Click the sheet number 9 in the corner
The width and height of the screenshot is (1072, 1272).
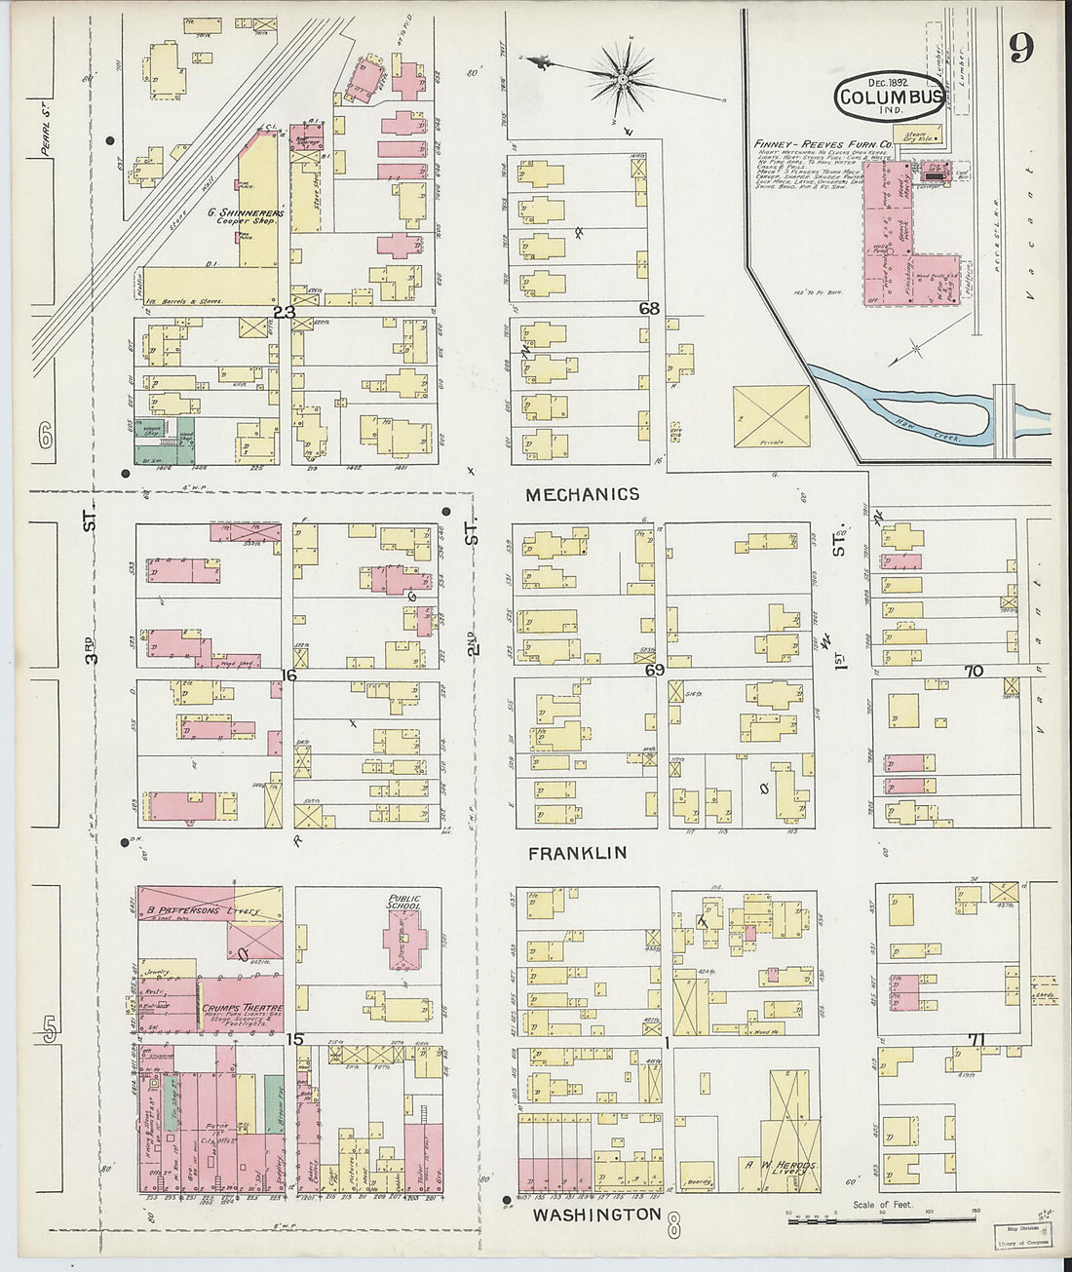click(x=1020, y=48)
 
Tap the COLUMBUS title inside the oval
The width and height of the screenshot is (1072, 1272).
click(x=890, y=96)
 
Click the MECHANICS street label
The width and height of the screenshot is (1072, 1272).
click(x=582, y=495)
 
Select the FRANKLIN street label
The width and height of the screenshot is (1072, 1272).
click(x=577, y=853)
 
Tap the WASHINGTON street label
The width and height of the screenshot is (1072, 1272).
click(x=596, y=1214)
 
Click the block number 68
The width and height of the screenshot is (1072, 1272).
click(x=649, y=309)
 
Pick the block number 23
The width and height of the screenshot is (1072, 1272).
click(x=284, y=312)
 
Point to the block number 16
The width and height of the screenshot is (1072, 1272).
click(x=288, y=675)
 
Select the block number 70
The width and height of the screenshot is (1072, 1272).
click(x=974, y=672)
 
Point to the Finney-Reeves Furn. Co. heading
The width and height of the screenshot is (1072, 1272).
click(x=823, y=144)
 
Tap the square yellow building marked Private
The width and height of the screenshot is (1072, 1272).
click(x=771, y=416)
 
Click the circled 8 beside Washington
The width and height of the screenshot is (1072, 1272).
click(x=673, y=1226)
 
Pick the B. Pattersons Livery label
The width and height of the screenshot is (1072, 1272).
click(x=204, y=911)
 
